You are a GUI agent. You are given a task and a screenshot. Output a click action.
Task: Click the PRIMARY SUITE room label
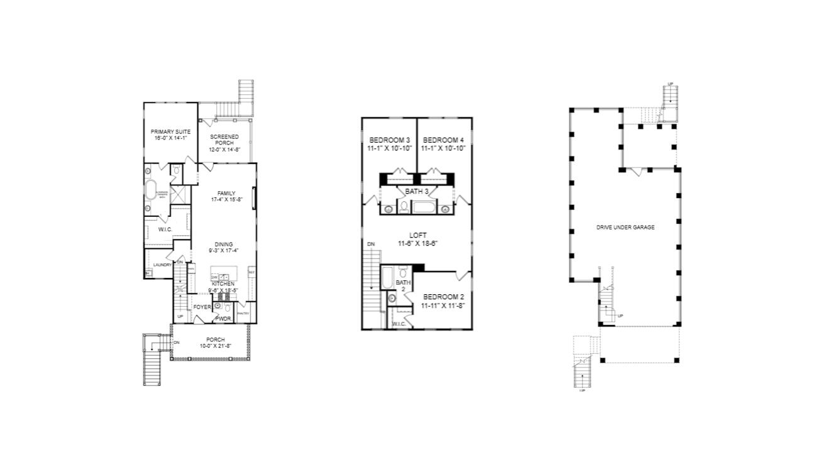coord(170,131)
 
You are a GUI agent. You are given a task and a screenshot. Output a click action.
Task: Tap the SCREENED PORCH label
coord(224,136)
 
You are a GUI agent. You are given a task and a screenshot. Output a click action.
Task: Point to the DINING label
coord(224,245)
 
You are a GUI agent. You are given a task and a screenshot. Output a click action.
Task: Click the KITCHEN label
coord(223,284)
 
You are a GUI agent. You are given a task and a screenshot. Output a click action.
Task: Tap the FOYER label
coord(202,307)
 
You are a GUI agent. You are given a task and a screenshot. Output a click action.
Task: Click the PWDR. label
coord(224,319)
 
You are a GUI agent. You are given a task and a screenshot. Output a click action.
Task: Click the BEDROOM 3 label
coord(390,140)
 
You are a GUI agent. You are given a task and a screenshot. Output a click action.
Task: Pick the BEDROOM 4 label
coord(442,140)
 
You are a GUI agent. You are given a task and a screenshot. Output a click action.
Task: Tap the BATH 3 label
coord(417,190)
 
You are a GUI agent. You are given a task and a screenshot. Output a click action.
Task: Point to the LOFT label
coord(417,235)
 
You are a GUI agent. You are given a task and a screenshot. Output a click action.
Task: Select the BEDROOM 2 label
coord(443,297)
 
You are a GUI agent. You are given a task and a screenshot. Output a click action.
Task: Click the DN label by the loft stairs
coord(371,244)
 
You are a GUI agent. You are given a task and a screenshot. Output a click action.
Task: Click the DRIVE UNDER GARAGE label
coord(625,227)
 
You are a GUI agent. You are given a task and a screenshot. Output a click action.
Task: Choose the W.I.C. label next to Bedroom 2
coord(398,324)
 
